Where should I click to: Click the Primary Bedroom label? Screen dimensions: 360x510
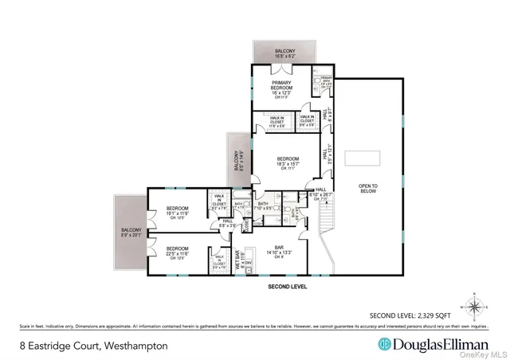click(280, 87)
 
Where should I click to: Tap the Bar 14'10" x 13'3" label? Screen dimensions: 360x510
click(279, 252)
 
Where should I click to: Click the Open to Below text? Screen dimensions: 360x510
click(367, 189)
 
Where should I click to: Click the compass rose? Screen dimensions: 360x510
click(473, 306)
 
